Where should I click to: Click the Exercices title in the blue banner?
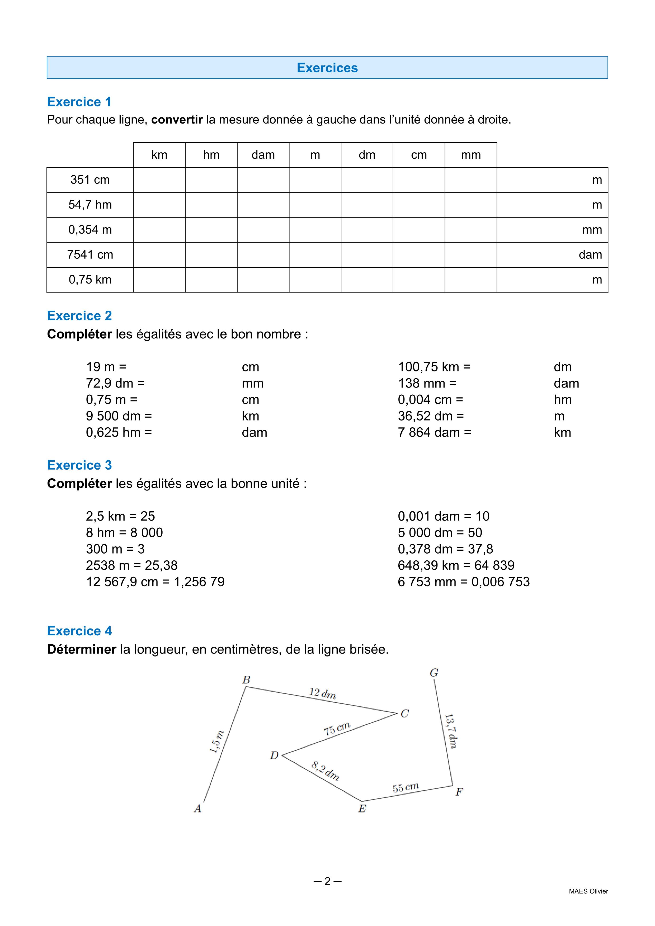pos(327,68)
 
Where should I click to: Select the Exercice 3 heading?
pos(79,465)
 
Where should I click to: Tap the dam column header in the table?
pos(263,155)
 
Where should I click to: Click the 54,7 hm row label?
pos(90,205)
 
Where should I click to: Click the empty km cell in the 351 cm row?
pos(159,180)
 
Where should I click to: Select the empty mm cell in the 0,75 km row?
pos(471,280)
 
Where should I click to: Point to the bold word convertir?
pos(177,120)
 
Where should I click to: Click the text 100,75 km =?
pos(434,367)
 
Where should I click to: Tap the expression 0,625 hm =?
pos(119,433)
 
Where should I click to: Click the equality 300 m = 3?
pos(115,549)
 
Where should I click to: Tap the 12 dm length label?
pos(323,693)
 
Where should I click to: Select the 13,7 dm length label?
pos(450,731)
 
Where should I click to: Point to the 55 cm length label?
pos(406,787)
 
